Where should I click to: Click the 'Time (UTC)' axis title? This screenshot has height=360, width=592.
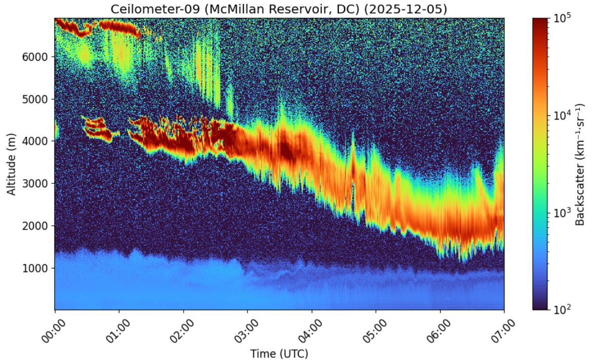coord(279,353)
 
